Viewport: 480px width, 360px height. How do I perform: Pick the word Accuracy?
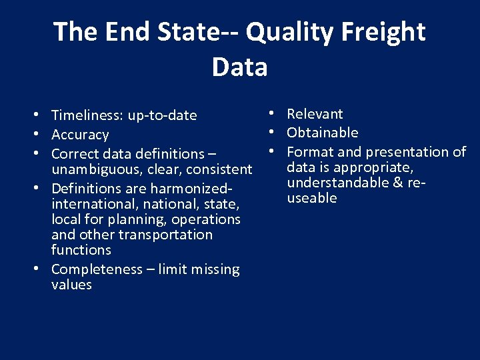(80, 135)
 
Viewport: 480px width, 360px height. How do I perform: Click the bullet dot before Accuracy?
(41, 134)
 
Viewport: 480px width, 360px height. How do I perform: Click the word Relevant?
(315, 114)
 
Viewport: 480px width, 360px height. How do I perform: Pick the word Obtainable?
(323, 133)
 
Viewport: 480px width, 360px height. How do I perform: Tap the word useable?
(312, 198)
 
